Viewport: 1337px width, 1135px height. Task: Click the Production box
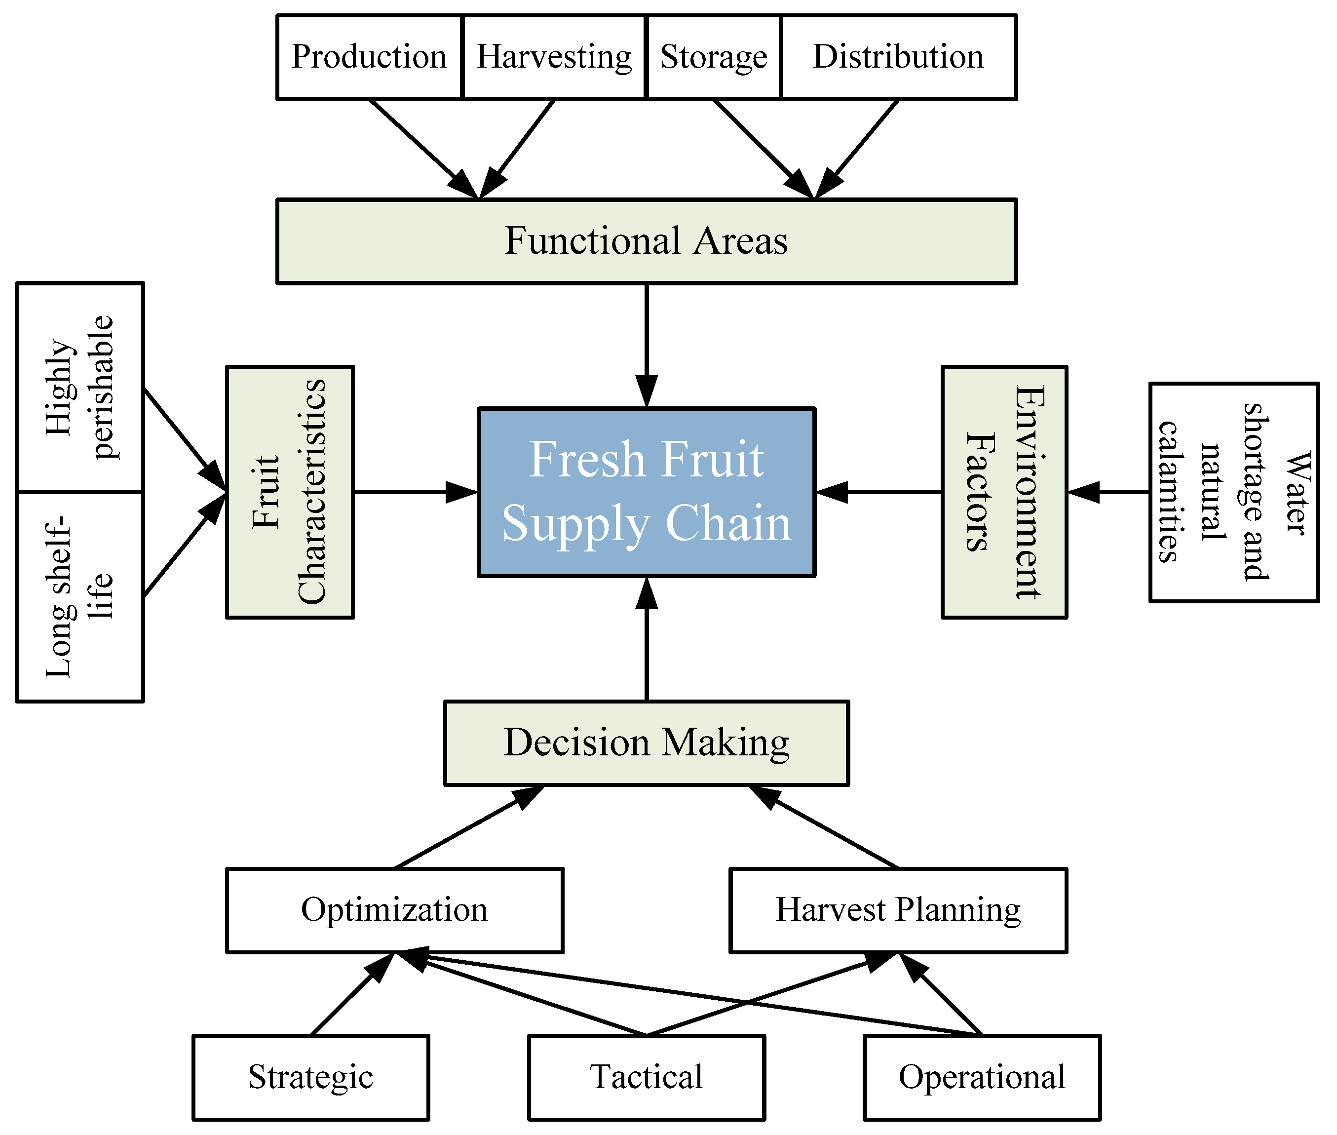tap(369, 57)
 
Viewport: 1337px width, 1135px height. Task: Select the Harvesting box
tap(554, 57)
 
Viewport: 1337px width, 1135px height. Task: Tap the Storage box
tap(713, 57)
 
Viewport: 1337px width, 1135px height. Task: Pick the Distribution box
tap(898, 57)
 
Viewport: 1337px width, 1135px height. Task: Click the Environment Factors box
tap(1004, 492)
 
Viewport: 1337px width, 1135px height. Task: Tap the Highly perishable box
tap(80, 388)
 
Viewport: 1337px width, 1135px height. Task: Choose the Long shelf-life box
tap(80, 596)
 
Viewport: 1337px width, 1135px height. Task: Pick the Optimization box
tap(394, 910)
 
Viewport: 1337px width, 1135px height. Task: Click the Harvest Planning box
tap(898, 910)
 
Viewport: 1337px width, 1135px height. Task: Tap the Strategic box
tap(310, 1077)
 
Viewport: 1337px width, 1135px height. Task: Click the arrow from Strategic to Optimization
tap(350, 995)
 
